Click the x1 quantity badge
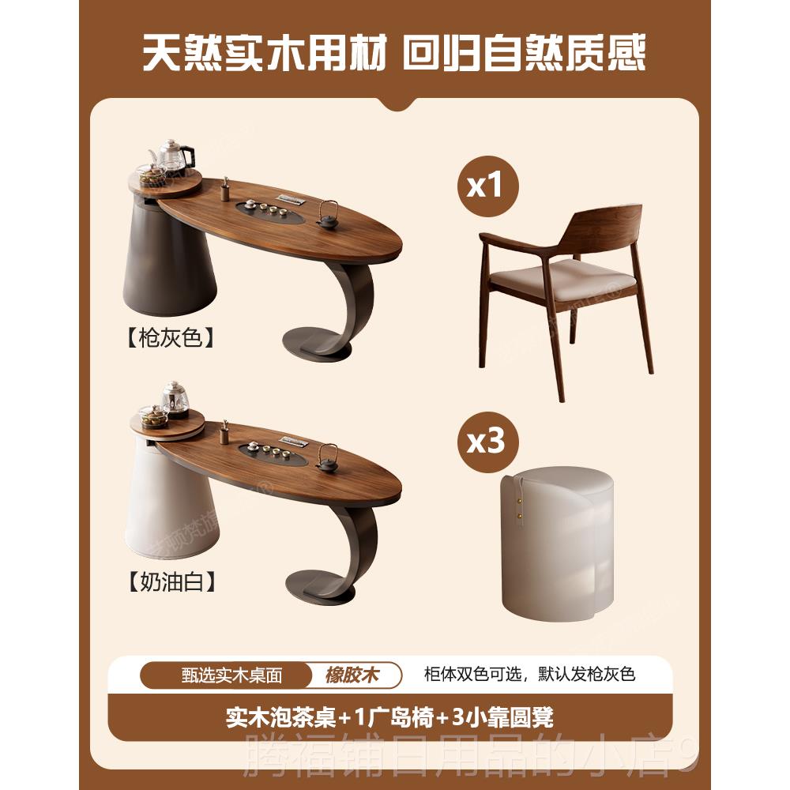click(485, 186)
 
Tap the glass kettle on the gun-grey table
click(172, 156)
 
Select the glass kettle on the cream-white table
click(174, 399)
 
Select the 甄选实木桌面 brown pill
click(232, 675)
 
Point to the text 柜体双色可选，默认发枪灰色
click(529, 675)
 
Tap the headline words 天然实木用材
click(265, 53)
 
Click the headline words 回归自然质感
click(525, 53)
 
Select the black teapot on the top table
click(327, 215)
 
